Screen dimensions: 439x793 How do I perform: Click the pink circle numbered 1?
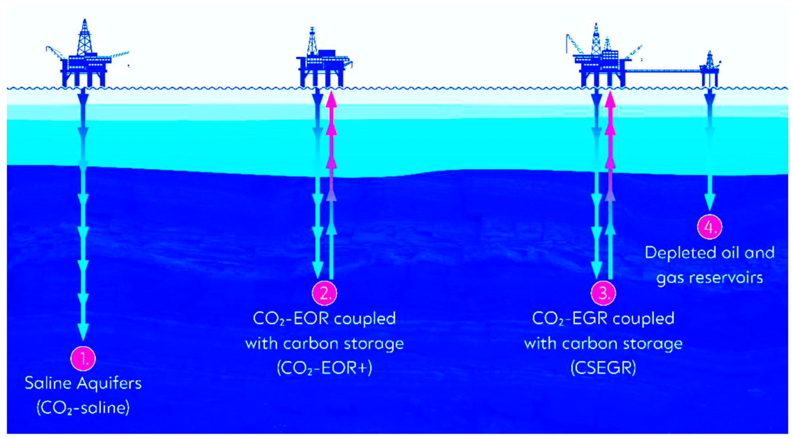tap(83, 359)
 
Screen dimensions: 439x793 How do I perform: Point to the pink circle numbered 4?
tap(710, 227)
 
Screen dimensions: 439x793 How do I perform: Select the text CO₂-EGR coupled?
tap(603, 319)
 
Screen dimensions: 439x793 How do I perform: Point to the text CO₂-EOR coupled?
tap(325, 319)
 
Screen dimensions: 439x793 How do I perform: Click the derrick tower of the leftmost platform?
tap(84, 38)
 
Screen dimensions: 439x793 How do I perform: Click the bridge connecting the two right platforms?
tap(662, 71)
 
